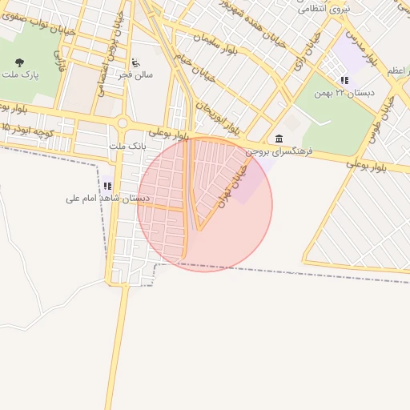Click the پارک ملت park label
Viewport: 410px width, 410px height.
[19, 76]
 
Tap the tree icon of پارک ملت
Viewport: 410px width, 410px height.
[19, 62]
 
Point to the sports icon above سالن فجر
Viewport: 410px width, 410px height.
[135, 62]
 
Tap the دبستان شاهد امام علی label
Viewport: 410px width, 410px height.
[100, 197]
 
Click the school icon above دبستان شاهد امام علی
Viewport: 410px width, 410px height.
[107, 186]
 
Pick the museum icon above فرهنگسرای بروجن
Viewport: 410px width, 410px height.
[278, 139]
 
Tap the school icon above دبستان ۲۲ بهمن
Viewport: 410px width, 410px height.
[344, 81]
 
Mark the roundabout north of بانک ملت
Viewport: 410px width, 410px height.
[123, 123]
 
